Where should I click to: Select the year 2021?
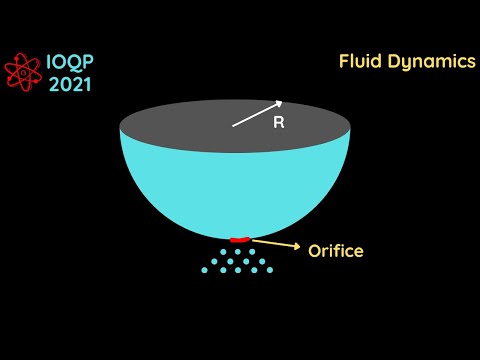click(x=70, y=83)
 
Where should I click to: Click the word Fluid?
click(x=361, y=61)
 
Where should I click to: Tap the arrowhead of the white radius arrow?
click(x=281, y=103)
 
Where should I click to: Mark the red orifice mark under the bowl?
click(x=239, y=239)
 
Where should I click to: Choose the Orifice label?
click(x=336, y=250)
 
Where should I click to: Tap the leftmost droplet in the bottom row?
click(x=204, y=269)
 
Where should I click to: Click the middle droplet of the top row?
click(x=237, y=251)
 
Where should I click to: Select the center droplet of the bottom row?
click(x=237, y=269)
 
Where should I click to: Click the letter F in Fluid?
click(x=344, y=61)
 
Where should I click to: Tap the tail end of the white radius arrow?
click(x=235, y=126)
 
